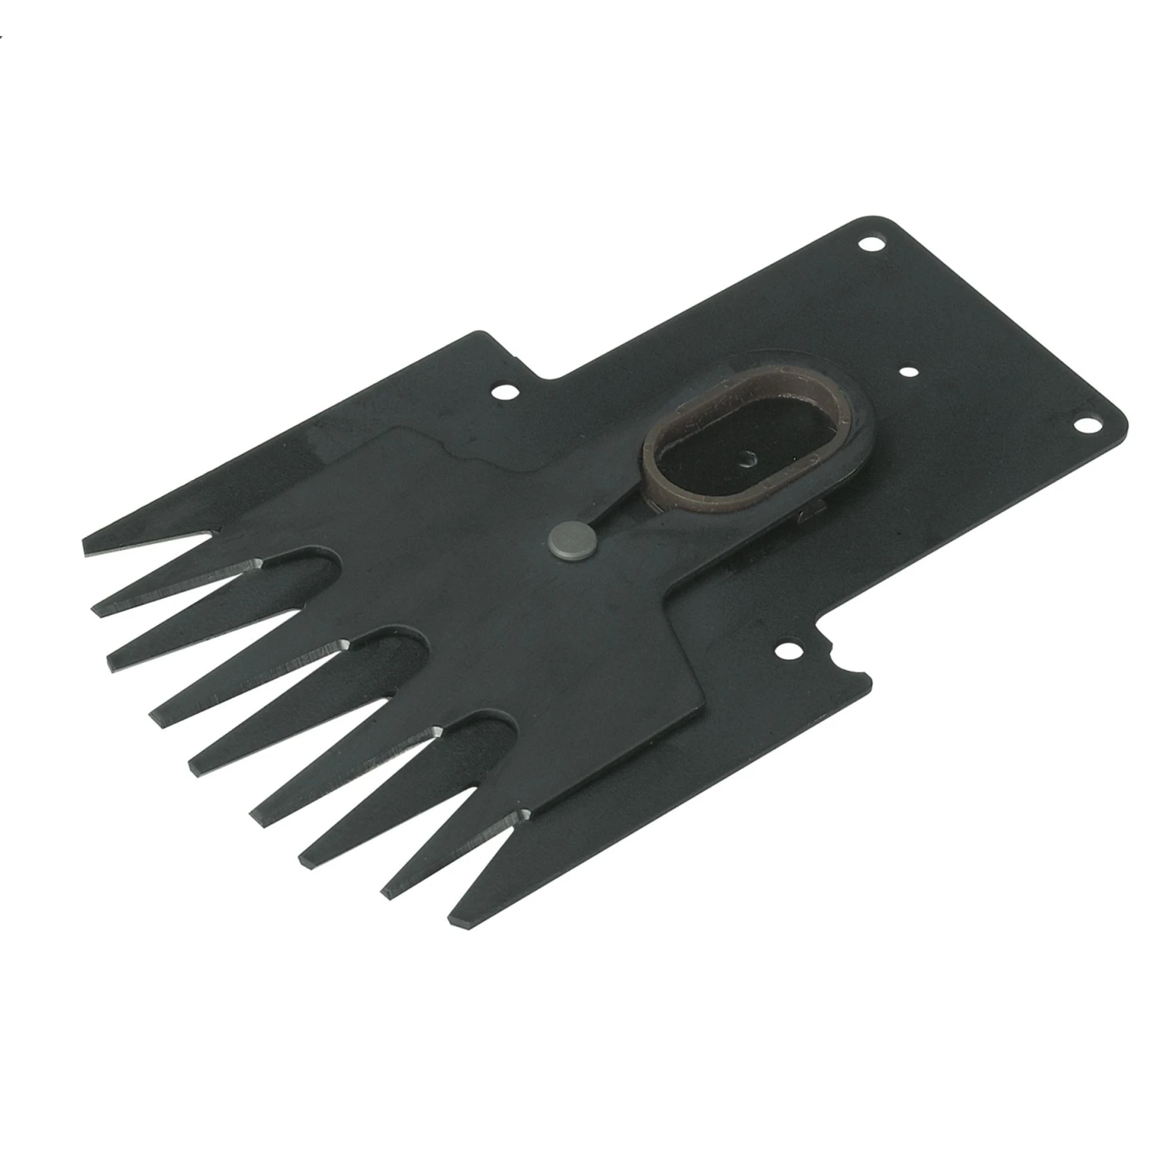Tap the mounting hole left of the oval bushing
point(506,393)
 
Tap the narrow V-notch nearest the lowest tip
point(525,813)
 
